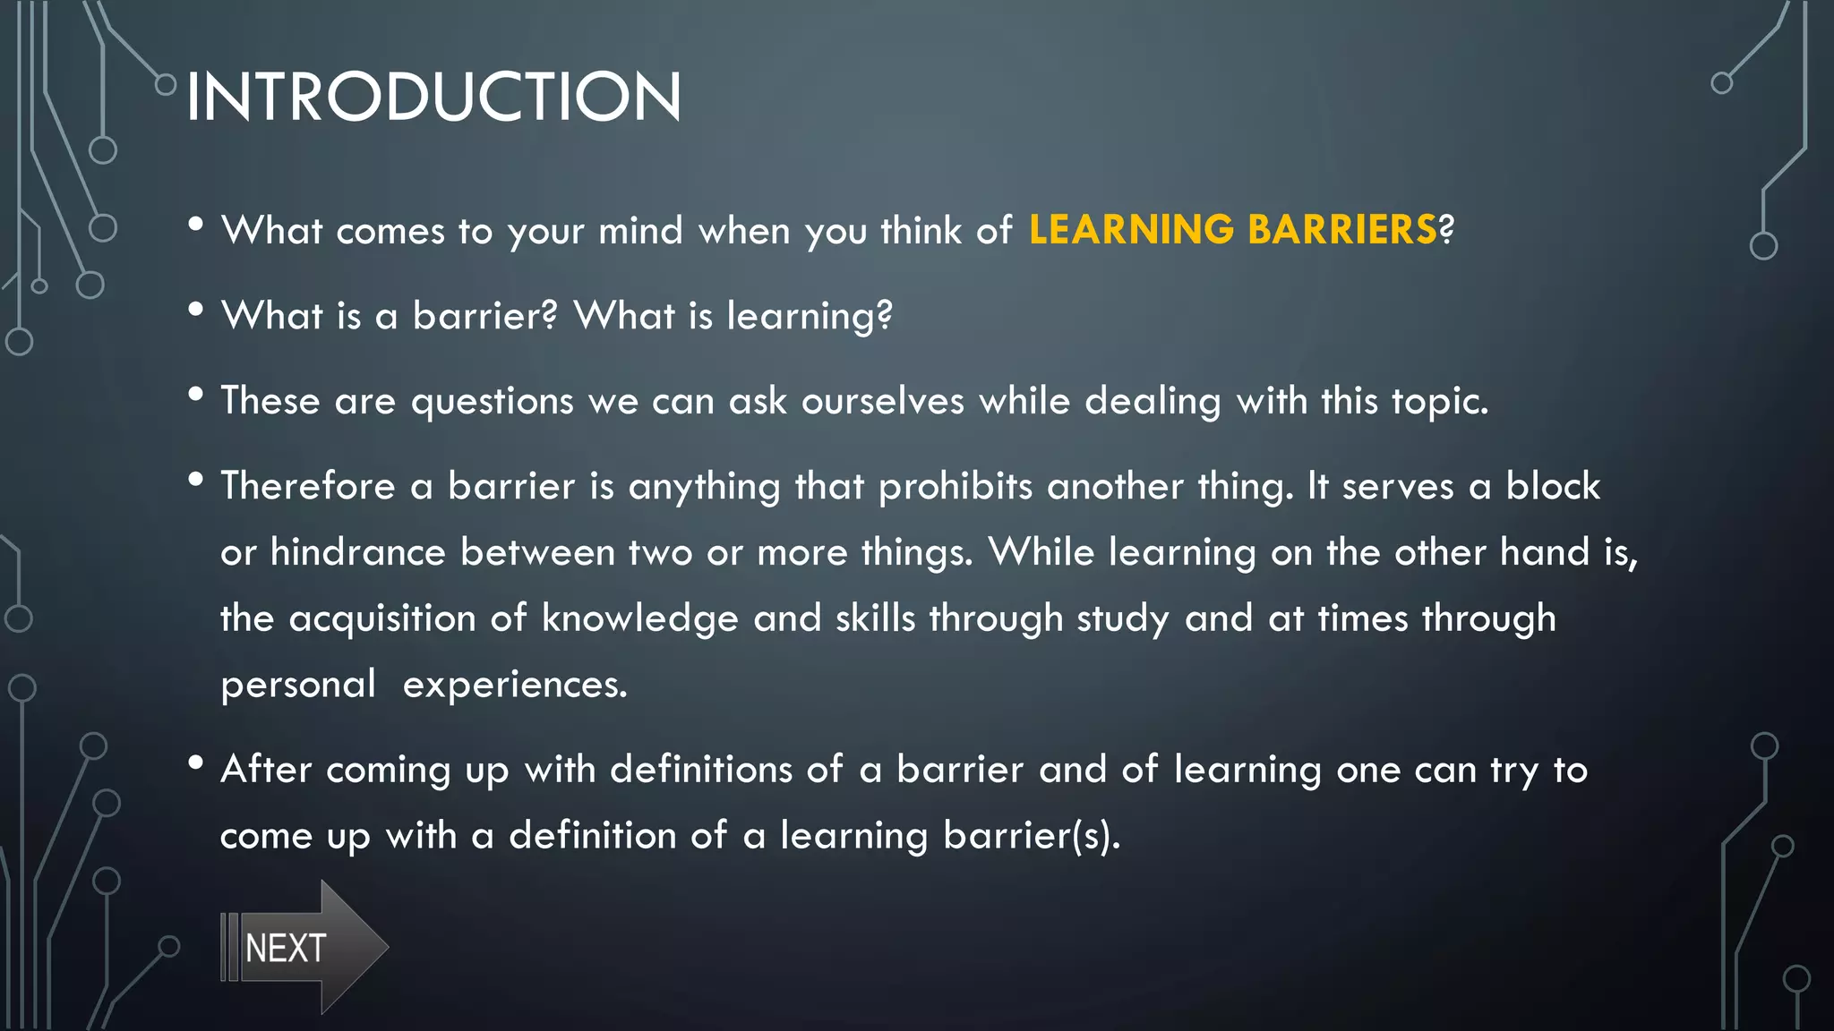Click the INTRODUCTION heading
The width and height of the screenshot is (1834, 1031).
coord(433,97)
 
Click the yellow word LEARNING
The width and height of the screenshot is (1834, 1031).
coord(1131,230)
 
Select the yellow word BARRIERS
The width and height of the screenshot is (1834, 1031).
coord(1341,230)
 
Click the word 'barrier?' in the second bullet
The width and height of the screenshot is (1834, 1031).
coord(484,316)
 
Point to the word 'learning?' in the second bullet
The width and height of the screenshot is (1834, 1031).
coord(810,316)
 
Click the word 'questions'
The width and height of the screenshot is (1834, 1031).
coord(492,401)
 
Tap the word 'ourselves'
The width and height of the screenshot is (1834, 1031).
coord(882,401)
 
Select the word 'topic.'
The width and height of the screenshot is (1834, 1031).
coord(1439,401)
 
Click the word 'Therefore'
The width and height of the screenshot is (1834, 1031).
coord(307,486)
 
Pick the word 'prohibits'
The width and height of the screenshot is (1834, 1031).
coord(955,486)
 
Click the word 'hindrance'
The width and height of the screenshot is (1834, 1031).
coord(357,552)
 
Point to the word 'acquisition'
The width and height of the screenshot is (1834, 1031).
coord(381,618)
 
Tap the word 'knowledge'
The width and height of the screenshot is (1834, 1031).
coord(639,618)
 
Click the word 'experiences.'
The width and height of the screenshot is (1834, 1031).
coord(515,685)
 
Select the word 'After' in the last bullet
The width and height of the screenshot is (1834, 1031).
coord(266,769)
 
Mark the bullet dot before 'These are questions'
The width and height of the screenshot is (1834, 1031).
coord(196,394)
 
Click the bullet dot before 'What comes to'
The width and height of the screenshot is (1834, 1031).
coord(196,224)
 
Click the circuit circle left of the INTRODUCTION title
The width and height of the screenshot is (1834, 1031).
coord(166,85)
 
